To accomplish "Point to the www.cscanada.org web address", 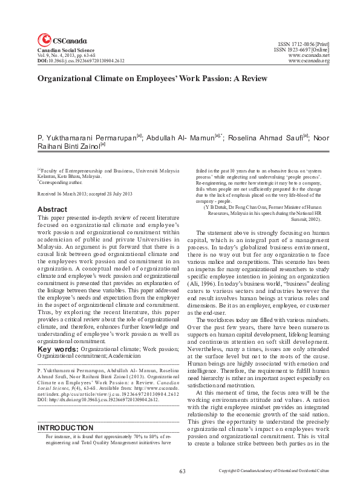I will tap(309, 61).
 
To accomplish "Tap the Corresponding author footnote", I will tap(61, 181).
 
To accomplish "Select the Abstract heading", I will tap(52, 209).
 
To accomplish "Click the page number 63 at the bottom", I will tap(182, 470).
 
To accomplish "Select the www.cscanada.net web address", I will tap(309, 55).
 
